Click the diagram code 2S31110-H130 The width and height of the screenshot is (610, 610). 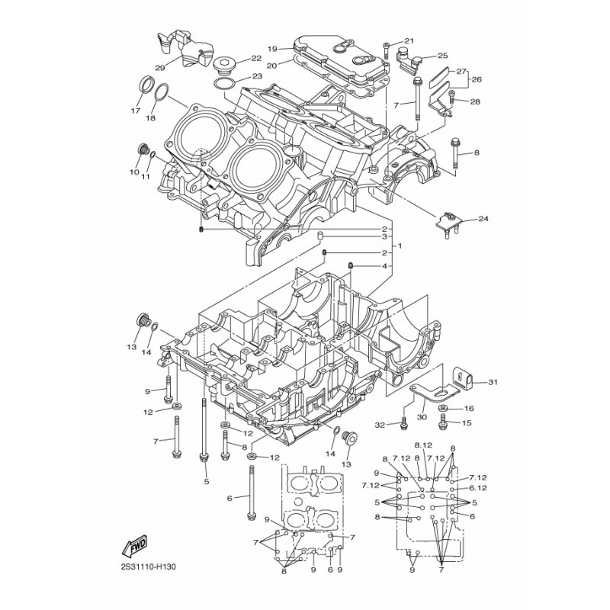(x=148, y=567)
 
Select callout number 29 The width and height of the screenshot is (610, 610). (x=160, y=68)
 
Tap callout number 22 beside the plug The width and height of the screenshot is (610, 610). (x=256, y=59)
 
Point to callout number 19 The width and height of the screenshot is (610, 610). (x=272, y=49)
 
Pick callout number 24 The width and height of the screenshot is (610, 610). (x=483, y=219)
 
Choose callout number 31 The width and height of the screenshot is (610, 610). (x=493, y=383)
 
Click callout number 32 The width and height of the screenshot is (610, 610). (x=380, y=425)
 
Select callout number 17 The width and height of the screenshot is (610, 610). (x=136, y=111)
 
